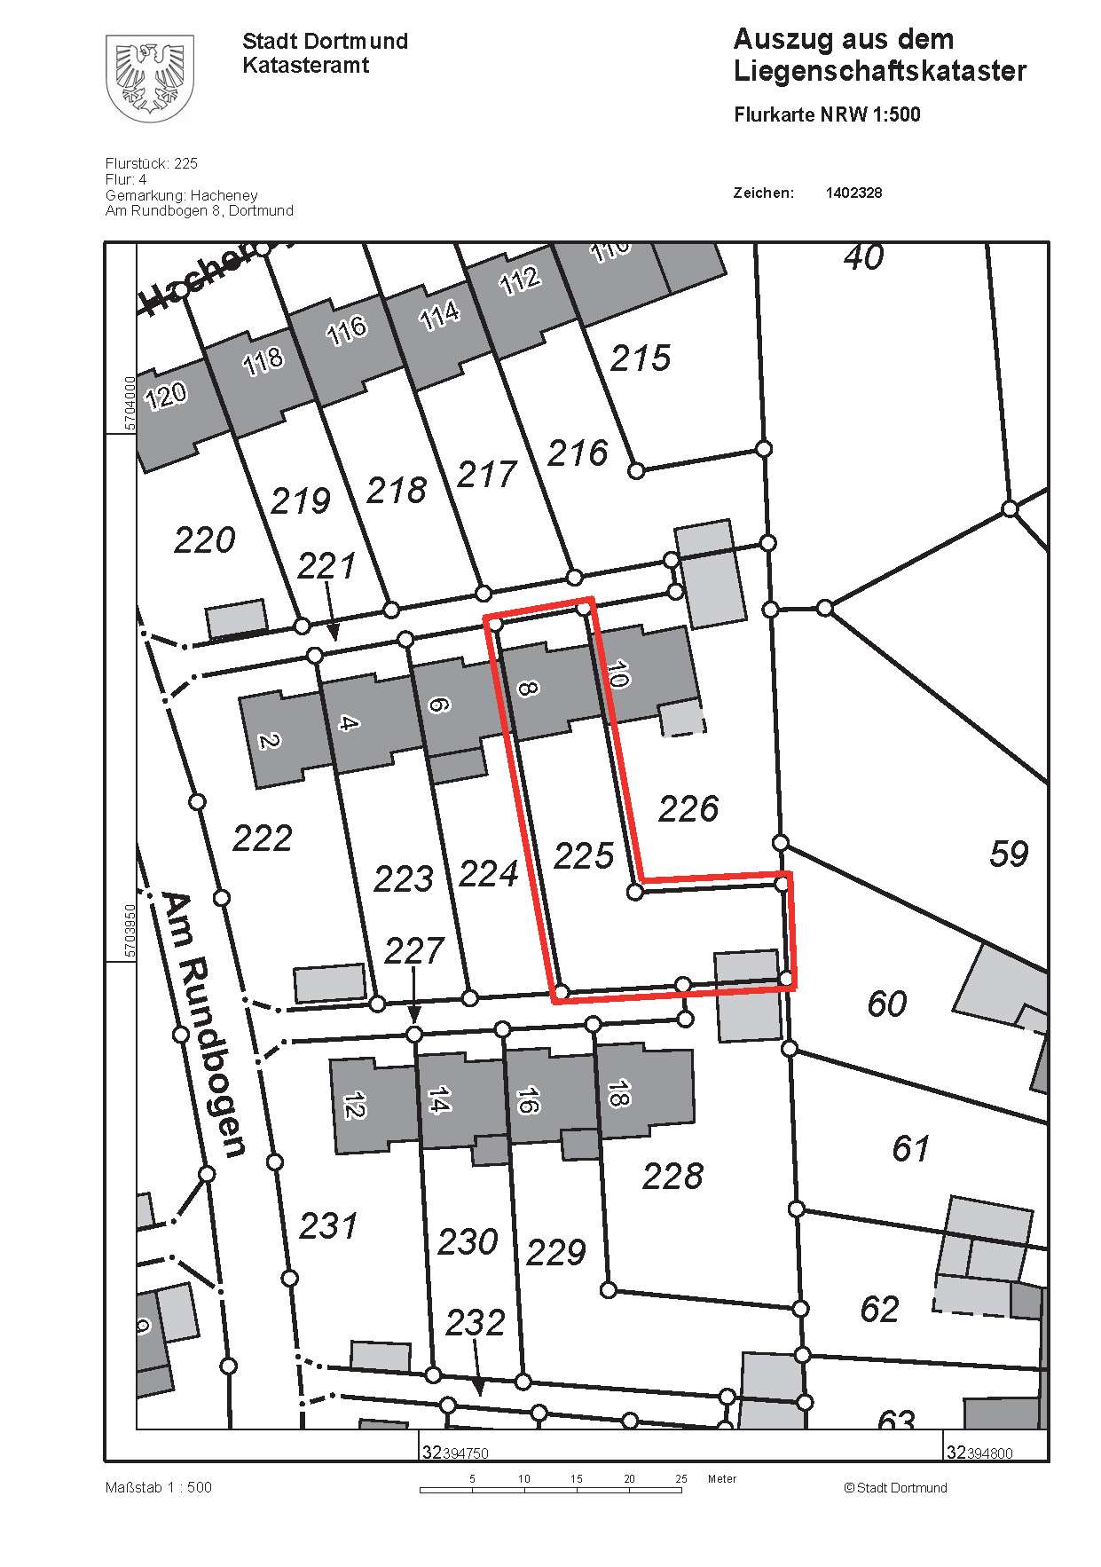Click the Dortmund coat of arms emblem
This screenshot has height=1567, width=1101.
[x=149, y=78]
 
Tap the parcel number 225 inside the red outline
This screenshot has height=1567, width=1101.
[x=583, y=856]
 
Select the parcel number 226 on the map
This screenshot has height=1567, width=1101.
[x=688, y=808]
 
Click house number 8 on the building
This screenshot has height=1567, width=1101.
[x=527, y=686]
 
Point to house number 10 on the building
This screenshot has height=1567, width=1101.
[x=617, y=674]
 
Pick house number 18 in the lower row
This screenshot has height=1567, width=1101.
[x=618, y=1094]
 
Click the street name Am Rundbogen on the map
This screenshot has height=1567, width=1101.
[x=204, y=1025]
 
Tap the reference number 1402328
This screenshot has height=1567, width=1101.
[x=853, y=193]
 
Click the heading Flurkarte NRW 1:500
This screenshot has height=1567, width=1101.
[x=827, y=114]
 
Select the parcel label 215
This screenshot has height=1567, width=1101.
[x=640, y=358]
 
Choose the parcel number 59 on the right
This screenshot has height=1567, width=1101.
[x=1008, y=854]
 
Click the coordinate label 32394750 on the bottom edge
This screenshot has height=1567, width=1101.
[x=455, y=1453]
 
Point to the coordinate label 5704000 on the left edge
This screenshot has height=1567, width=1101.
[x=130, y=403]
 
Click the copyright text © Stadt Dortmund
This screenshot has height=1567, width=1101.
[x=895, y=1488]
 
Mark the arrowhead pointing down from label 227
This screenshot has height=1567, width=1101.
[x=413, y=1015]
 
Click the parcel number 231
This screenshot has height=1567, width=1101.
[x=328, y=1226]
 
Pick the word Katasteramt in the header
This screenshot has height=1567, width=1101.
[x=305, y=65]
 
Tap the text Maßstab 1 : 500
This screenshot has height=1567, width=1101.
[x=159, y=1488]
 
